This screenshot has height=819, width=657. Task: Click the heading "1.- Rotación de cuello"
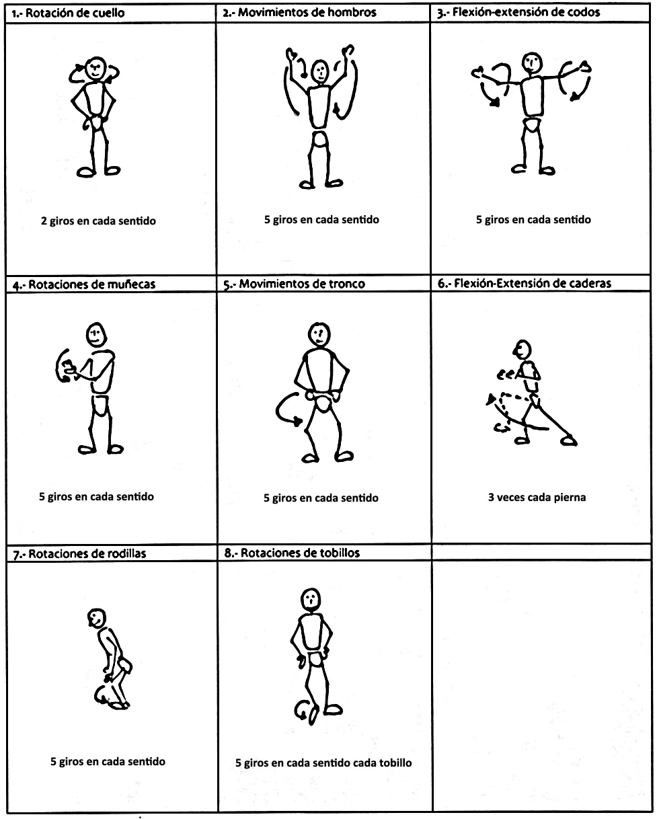click(68, 13)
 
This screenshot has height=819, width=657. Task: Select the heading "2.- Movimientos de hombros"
click(299, 13)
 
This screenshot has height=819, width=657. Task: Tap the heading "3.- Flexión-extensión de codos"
click(518, 13)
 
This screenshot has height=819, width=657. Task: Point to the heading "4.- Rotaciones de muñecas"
click(84, 284)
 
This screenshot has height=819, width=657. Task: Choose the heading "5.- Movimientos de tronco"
click(295, 284)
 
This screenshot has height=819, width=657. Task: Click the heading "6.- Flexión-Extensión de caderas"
click(525, 284)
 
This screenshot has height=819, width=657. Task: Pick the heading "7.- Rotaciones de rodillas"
click(79, 553)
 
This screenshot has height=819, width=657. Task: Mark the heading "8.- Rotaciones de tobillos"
click(292, 553)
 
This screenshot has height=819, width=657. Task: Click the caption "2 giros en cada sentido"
click(99, 221)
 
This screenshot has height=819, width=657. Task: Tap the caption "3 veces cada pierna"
click(537, 498)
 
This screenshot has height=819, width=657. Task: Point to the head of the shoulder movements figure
click(320, 71)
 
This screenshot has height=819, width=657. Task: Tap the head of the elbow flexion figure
click(532, 63)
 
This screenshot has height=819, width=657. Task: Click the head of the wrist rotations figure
click(96, 335)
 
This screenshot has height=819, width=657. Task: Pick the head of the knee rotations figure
click(97, 619)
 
